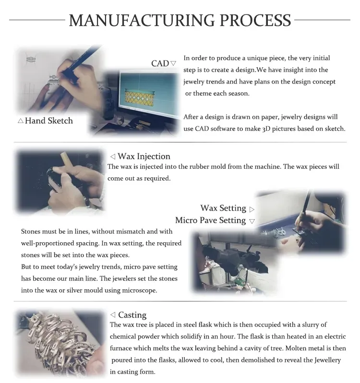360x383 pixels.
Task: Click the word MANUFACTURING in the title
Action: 142,20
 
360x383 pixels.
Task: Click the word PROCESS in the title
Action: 255,20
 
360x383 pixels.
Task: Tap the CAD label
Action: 160,63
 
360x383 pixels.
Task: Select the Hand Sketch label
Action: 49,121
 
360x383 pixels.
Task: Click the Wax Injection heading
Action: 144,156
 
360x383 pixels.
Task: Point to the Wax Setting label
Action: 223,208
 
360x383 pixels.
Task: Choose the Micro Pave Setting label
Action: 211,220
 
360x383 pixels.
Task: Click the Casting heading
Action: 132,315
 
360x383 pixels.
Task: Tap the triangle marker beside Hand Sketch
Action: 21,121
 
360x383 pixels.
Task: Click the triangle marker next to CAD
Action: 173,63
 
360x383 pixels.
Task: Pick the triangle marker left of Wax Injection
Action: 113,156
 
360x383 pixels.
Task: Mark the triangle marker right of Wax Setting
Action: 252,210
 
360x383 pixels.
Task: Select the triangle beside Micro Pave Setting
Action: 252,222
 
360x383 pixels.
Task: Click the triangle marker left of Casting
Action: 113,315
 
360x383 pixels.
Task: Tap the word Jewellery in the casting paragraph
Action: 327,360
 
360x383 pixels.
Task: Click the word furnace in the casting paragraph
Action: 119,348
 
